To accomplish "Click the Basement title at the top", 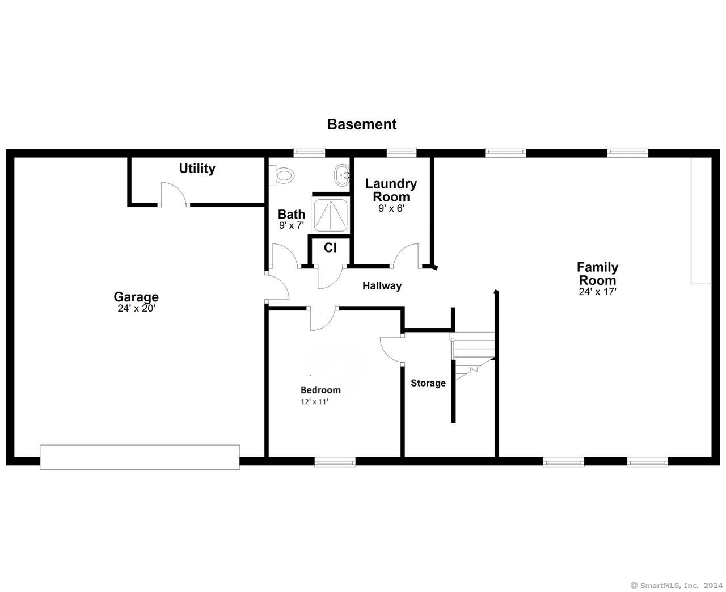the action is point(362,124).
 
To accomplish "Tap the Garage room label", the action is point(136,296).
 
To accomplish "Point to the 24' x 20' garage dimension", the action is point(136,308).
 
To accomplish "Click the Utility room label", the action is point(197,169).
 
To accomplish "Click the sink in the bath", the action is point(342,175).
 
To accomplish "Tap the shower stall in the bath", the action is point(330,215).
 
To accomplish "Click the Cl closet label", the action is point(330,248).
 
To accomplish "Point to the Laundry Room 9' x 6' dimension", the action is point(391,208).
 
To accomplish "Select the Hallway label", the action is point(382,285).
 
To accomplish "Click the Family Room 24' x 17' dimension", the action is point(597,292).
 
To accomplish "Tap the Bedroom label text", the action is point(320,390).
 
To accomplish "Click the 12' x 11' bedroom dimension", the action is point(314,402).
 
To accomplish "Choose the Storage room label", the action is point(428,383).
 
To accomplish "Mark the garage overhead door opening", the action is point(140,457).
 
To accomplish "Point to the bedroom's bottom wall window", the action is point(335,463).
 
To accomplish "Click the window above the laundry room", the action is point(402,152).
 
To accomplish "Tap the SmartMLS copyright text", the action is point(676,586).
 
